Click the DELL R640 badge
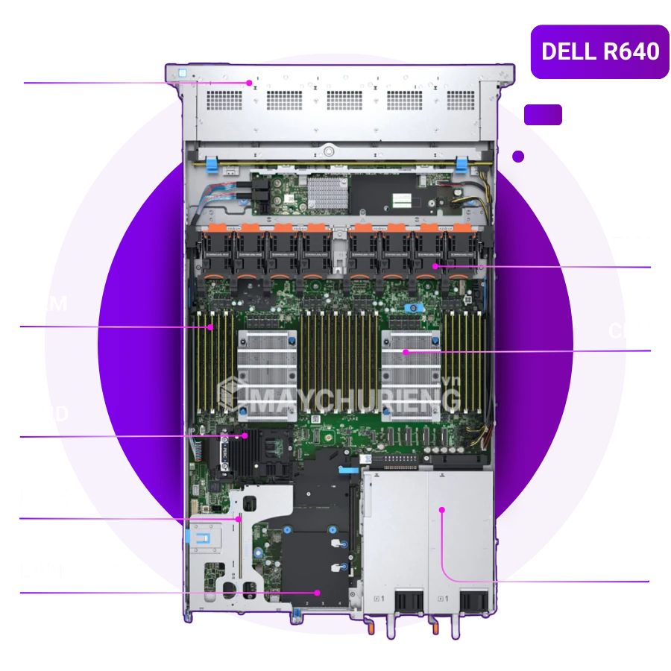599,52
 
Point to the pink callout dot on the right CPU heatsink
406,351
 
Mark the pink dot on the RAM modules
211,327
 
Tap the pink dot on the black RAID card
245,435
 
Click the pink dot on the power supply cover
442,510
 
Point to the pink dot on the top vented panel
250,83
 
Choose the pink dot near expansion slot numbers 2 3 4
318,592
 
